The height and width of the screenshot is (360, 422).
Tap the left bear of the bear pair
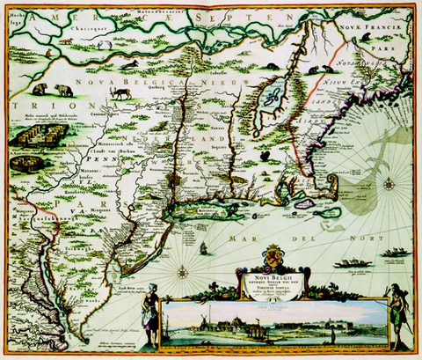pyautogui.click(x=40, y=90)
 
